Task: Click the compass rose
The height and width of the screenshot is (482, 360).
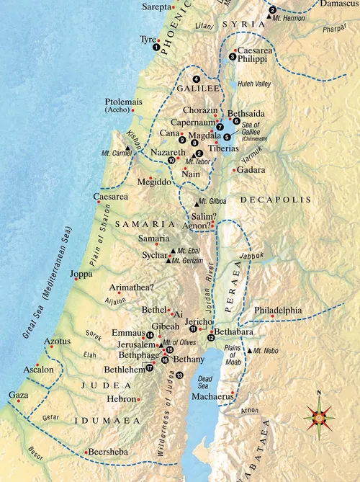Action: [319, 416]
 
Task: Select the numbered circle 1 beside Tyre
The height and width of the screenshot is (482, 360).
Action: [156, 47]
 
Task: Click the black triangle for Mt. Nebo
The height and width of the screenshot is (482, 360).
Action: [249, 351]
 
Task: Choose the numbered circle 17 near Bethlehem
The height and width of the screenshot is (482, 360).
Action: [150, 367]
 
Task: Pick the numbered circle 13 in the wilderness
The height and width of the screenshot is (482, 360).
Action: [179, 375]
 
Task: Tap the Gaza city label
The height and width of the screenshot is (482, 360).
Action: [19, 396]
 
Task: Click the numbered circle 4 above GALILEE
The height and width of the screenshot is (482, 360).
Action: [196, 79]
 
